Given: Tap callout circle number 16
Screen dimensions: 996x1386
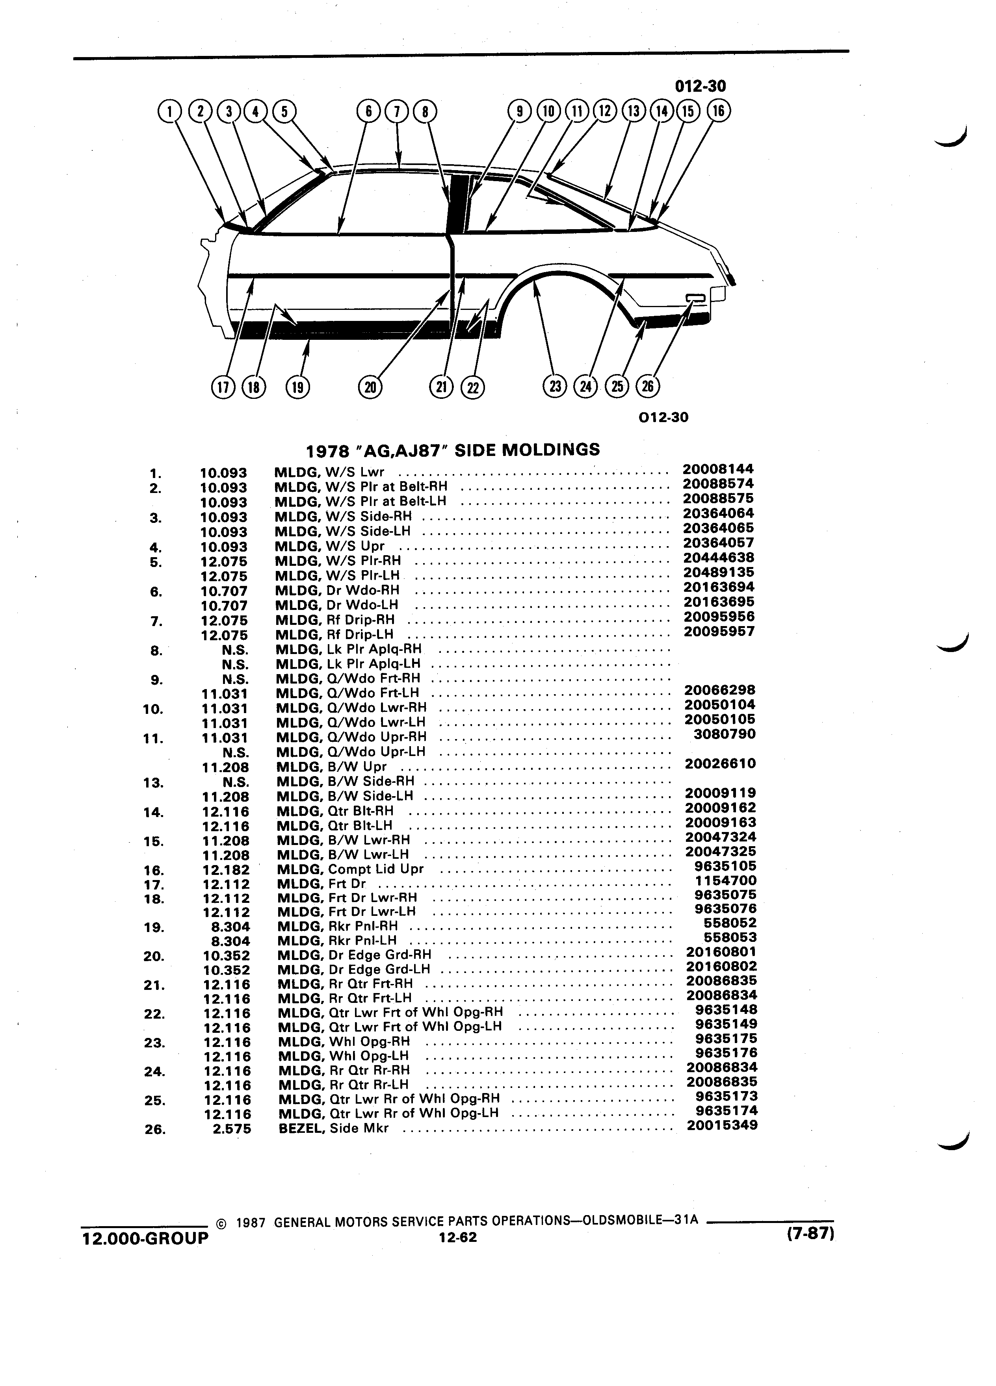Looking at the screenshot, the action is pyautogui.click(x=718, y=111).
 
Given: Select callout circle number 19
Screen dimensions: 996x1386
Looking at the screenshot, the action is pyautogui.click(x=298, y=387).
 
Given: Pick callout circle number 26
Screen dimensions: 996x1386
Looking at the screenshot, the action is pyautogui.click(x=647, y=386).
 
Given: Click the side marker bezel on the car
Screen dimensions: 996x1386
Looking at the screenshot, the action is pyautogui.click(x=695, y=298).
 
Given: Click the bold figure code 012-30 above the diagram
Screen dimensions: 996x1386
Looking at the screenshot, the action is pyautogui.click(x=701, y=86).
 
